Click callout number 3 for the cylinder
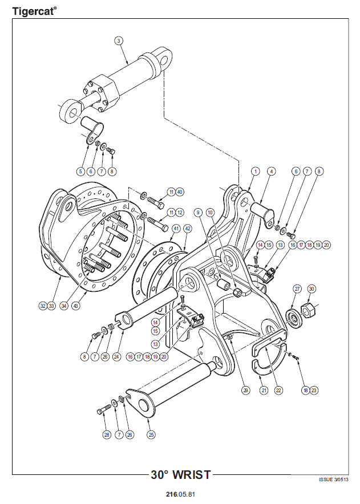coord(119,41)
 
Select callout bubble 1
coord(256,171)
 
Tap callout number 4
coord(271,171)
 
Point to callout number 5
coord(80,171)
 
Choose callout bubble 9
coord(198,213)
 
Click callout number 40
coord(180,192)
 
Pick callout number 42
coord(187,229)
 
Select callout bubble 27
coord(297,288)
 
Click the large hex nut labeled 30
coord(308,310)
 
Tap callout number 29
coord(245,391)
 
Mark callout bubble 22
coord(278,391)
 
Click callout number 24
coord(116,356)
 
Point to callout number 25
coord(151,434)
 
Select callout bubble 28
coord(107,434)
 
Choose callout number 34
coord(64,306)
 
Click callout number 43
coord(76,306)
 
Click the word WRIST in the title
coord(192,475)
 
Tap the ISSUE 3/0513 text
coord(333,479)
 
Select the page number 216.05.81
coord(180,494)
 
